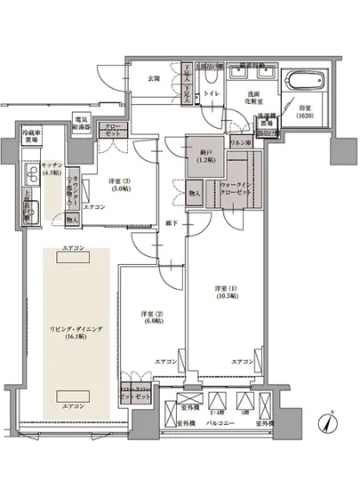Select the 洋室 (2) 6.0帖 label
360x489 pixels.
tap(152, 318)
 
